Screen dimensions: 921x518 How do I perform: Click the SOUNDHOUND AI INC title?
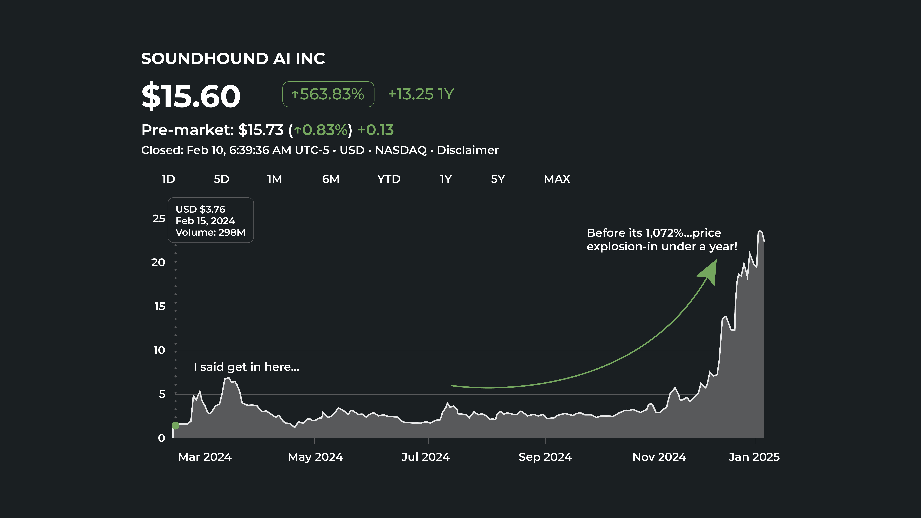233,59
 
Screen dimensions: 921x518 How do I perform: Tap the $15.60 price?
191,96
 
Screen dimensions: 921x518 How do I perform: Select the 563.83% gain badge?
328,94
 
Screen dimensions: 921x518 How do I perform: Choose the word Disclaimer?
468,150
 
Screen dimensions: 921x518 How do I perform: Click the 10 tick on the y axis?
159,350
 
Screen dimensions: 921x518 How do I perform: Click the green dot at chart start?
176,425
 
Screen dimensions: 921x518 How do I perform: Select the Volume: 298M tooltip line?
211,232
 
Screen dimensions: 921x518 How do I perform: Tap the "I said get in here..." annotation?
246,367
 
